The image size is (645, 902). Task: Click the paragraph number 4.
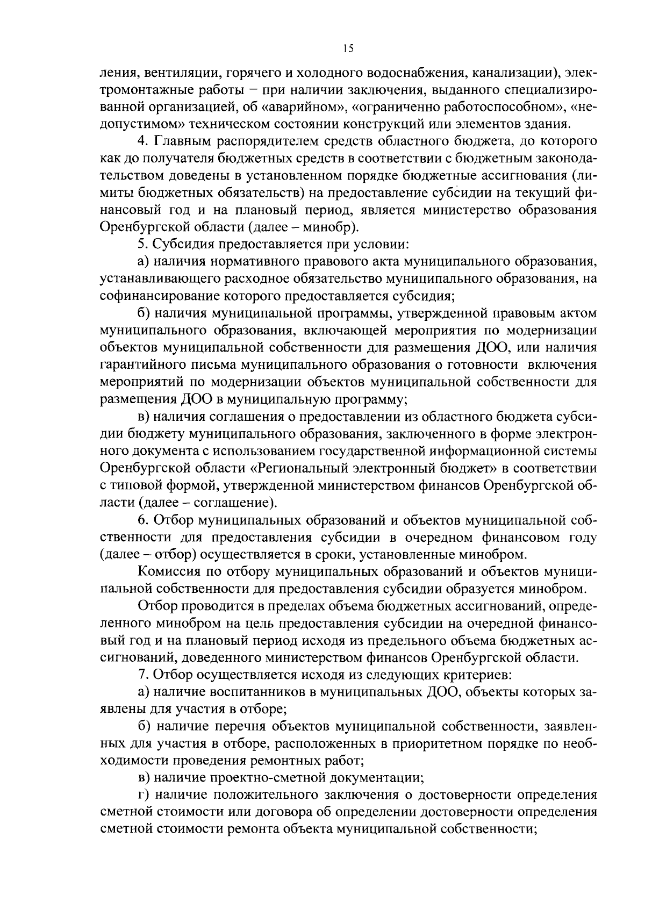(x=142, y=141)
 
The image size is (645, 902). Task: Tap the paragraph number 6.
(x=142, y=520)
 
